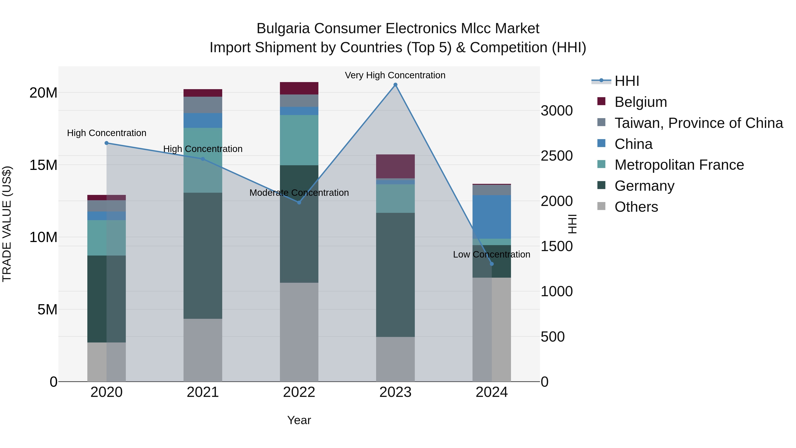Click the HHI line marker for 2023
tap(395, 85)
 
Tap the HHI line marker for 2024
tap(492, 264)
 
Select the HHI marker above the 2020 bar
tap(107, 143)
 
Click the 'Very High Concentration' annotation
tap(395, 75)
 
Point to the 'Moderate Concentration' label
tap(299, 193)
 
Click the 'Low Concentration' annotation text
tap(491, 254)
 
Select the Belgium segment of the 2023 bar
tap(395, 166)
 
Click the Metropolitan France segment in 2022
tap(299, 140)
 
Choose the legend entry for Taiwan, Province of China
tap(698, 123)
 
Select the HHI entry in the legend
tap(626, 81)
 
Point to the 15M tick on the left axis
tap(43, 165)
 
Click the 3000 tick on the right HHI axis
tap(557, 111)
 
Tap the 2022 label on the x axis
tap(299, 392)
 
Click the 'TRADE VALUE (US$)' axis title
tap(7, 224)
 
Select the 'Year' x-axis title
tap(299, 420)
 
